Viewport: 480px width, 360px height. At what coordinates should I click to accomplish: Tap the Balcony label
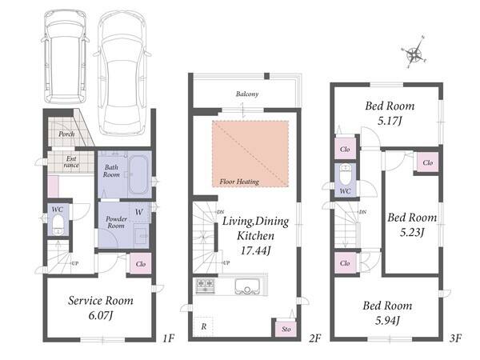click(247, 94)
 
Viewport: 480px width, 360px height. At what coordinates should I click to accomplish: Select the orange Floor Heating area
click(250, 154)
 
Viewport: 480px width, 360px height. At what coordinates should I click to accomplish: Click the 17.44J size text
click(256, 250)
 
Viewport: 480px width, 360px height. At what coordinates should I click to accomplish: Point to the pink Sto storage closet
click(286, 329)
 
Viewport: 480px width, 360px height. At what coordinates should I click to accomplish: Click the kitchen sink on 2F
click(247, 287)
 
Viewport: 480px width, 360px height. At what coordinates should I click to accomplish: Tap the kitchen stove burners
click(205, 286)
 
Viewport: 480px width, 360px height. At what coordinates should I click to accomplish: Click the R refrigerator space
click(203, 326)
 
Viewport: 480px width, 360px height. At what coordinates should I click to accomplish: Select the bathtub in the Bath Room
click(138, 174)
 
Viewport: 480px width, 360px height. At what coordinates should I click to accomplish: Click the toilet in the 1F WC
click(58, 225)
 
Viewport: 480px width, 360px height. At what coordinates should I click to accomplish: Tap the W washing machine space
click(139, 212)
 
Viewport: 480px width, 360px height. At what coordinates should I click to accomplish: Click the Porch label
click(66, 134)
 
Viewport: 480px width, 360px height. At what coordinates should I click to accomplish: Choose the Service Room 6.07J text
click(101, 308)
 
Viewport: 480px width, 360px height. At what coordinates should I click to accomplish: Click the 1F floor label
click(168, 338)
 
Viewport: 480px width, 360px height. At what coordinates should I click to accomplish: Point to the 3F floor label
click(455, 338)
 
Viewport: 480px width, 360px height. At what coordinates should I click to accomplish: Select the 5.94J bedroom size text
click(387, 321)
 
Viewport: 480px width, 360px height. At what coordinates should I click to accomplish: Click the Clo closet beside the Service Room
click(141, 263)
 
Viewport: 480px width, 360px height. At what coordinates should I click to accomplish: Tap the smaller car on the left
click(66, 58)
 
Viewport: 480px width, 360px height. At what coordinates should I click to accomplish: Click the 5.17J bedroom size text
click(390, 121)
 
